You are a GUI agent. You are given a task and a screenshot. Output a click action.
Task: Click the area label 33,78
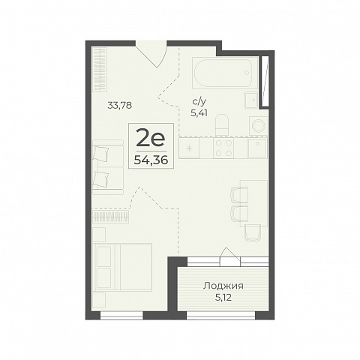coord(119,106)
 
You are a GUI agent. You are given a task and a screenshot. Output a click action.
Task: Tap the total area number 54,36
coord(151,160)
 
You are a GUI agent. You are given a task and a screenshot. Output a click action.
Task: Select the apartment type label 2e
coord(151,139)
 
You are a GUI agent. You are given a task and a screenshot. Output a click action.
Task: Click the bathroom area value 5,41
coord(199,113)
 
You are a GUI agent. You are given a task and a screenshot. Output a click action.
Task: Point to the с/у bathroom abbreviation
coord(199,101)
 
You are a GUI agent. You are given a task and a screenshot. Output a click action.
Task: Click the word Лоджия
coord(223,286)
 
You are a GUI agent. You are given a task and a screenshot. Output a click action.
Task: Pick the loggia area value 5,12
coord(223,298)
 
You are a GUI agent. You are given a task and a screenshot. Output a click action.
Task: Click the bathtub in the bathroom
coord(223,73)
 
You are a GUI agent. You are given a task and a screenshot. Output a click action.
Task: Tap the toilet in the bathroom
coord(222,124)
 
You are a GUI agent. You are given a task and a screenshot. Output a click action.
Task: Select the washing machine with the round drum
coord(258,125)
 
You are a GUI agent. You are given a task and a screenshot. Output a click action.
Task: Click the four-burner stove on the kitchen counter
coord(223,148)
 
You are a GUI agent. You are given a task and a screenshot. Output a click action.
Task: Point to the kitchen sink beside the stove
coord(257,148)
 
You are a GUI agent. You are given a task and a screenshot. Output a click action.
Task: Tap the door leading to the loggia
coord(229,257)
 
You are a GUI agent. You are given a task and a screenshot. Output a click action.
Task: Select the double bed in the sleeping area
coord(123,267)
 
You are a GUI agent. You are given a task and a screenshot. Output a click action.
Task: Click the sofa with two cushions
coord(108,167)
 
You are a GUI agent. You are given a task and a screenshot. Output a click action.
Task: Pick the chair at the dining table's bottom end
coord(253,232)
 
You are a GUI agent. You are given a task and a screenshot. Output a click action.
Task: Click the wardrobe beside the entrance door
coord(100,69)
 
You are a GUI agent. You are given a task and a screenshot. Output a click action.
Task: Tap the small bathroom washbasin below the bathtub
coord(250,100)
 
